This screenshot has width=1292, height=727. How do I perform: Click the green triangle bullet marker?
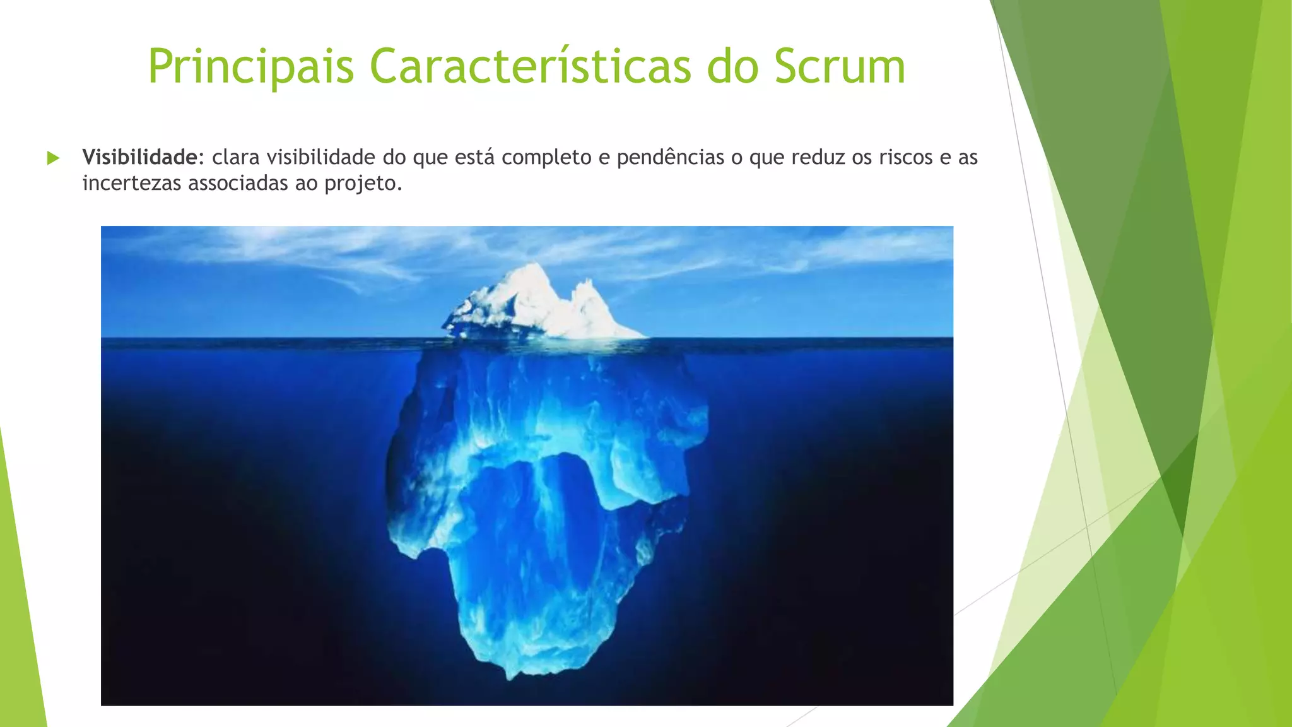pyautogui.click(x=53, y=158)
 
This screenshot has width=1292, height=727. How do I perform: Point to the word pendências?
pyautogui.click(x=671, y=157)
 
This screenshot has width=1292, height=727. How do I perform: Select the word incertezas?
pyautogui.click(x=132, y=184)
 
